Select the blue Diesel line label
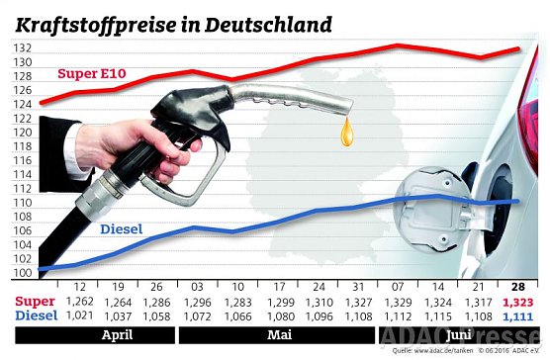click(x=122, y=229)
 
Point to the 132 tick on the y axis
click(x=22, y=46)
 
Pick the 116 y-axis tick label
click(x=22, y=159)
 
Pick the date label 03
click(x=198, y=285)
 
